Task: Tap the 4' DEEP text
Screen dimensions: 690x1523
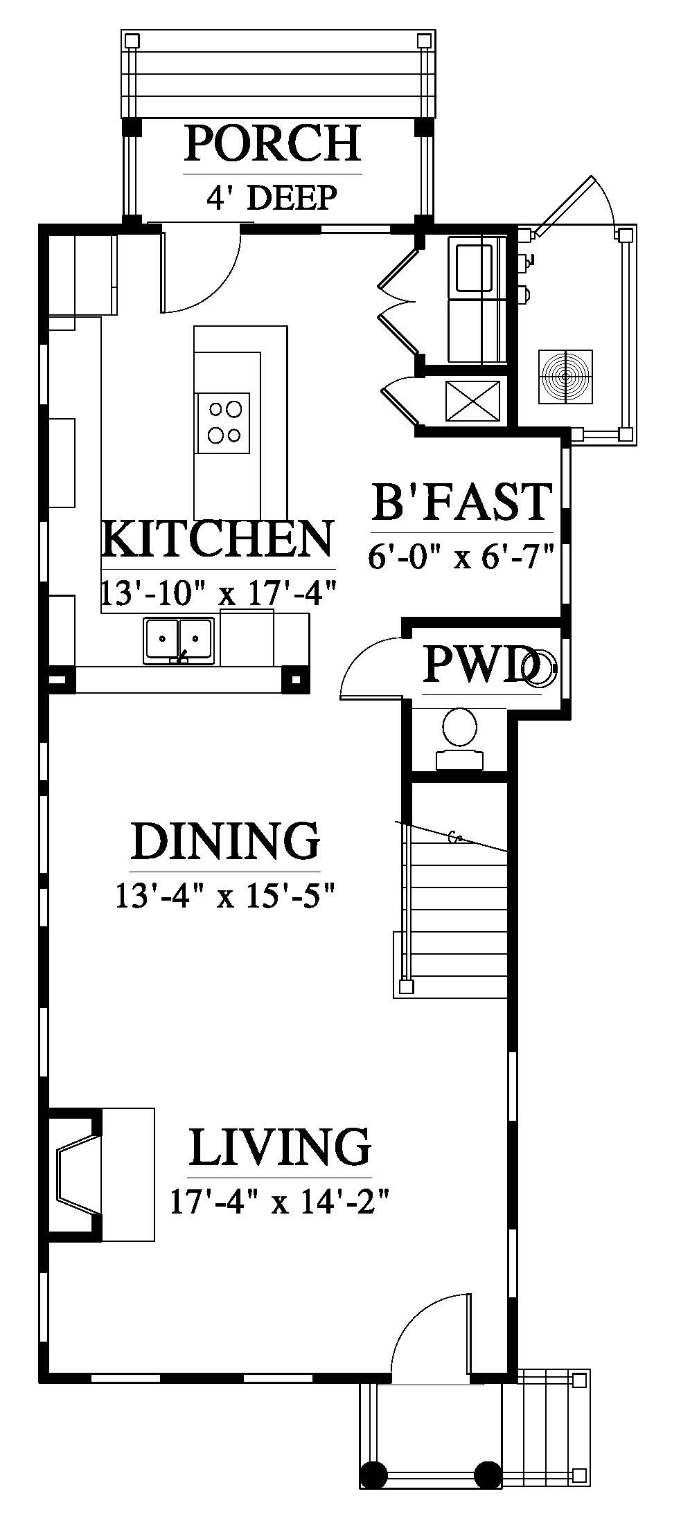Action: click(272, 197)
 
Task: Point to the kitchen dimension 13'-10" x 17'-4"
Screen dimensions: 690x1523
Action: click(218, 593)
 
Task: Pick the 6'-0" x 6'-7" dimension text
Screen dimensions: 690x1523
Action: click(461, 556)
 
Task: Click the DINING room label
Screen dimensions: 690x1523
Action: click(225, 840)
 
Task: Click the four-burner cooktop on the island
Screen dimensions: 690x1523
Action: click(222, 422)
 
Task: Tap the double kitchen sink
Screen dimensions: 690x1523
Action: click(179, 640)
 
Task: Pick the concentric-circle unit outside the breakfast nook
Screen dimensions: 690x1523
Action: click(566, 377)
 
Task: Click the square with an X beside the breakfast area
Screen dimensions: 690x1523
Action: click(472, 401)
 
